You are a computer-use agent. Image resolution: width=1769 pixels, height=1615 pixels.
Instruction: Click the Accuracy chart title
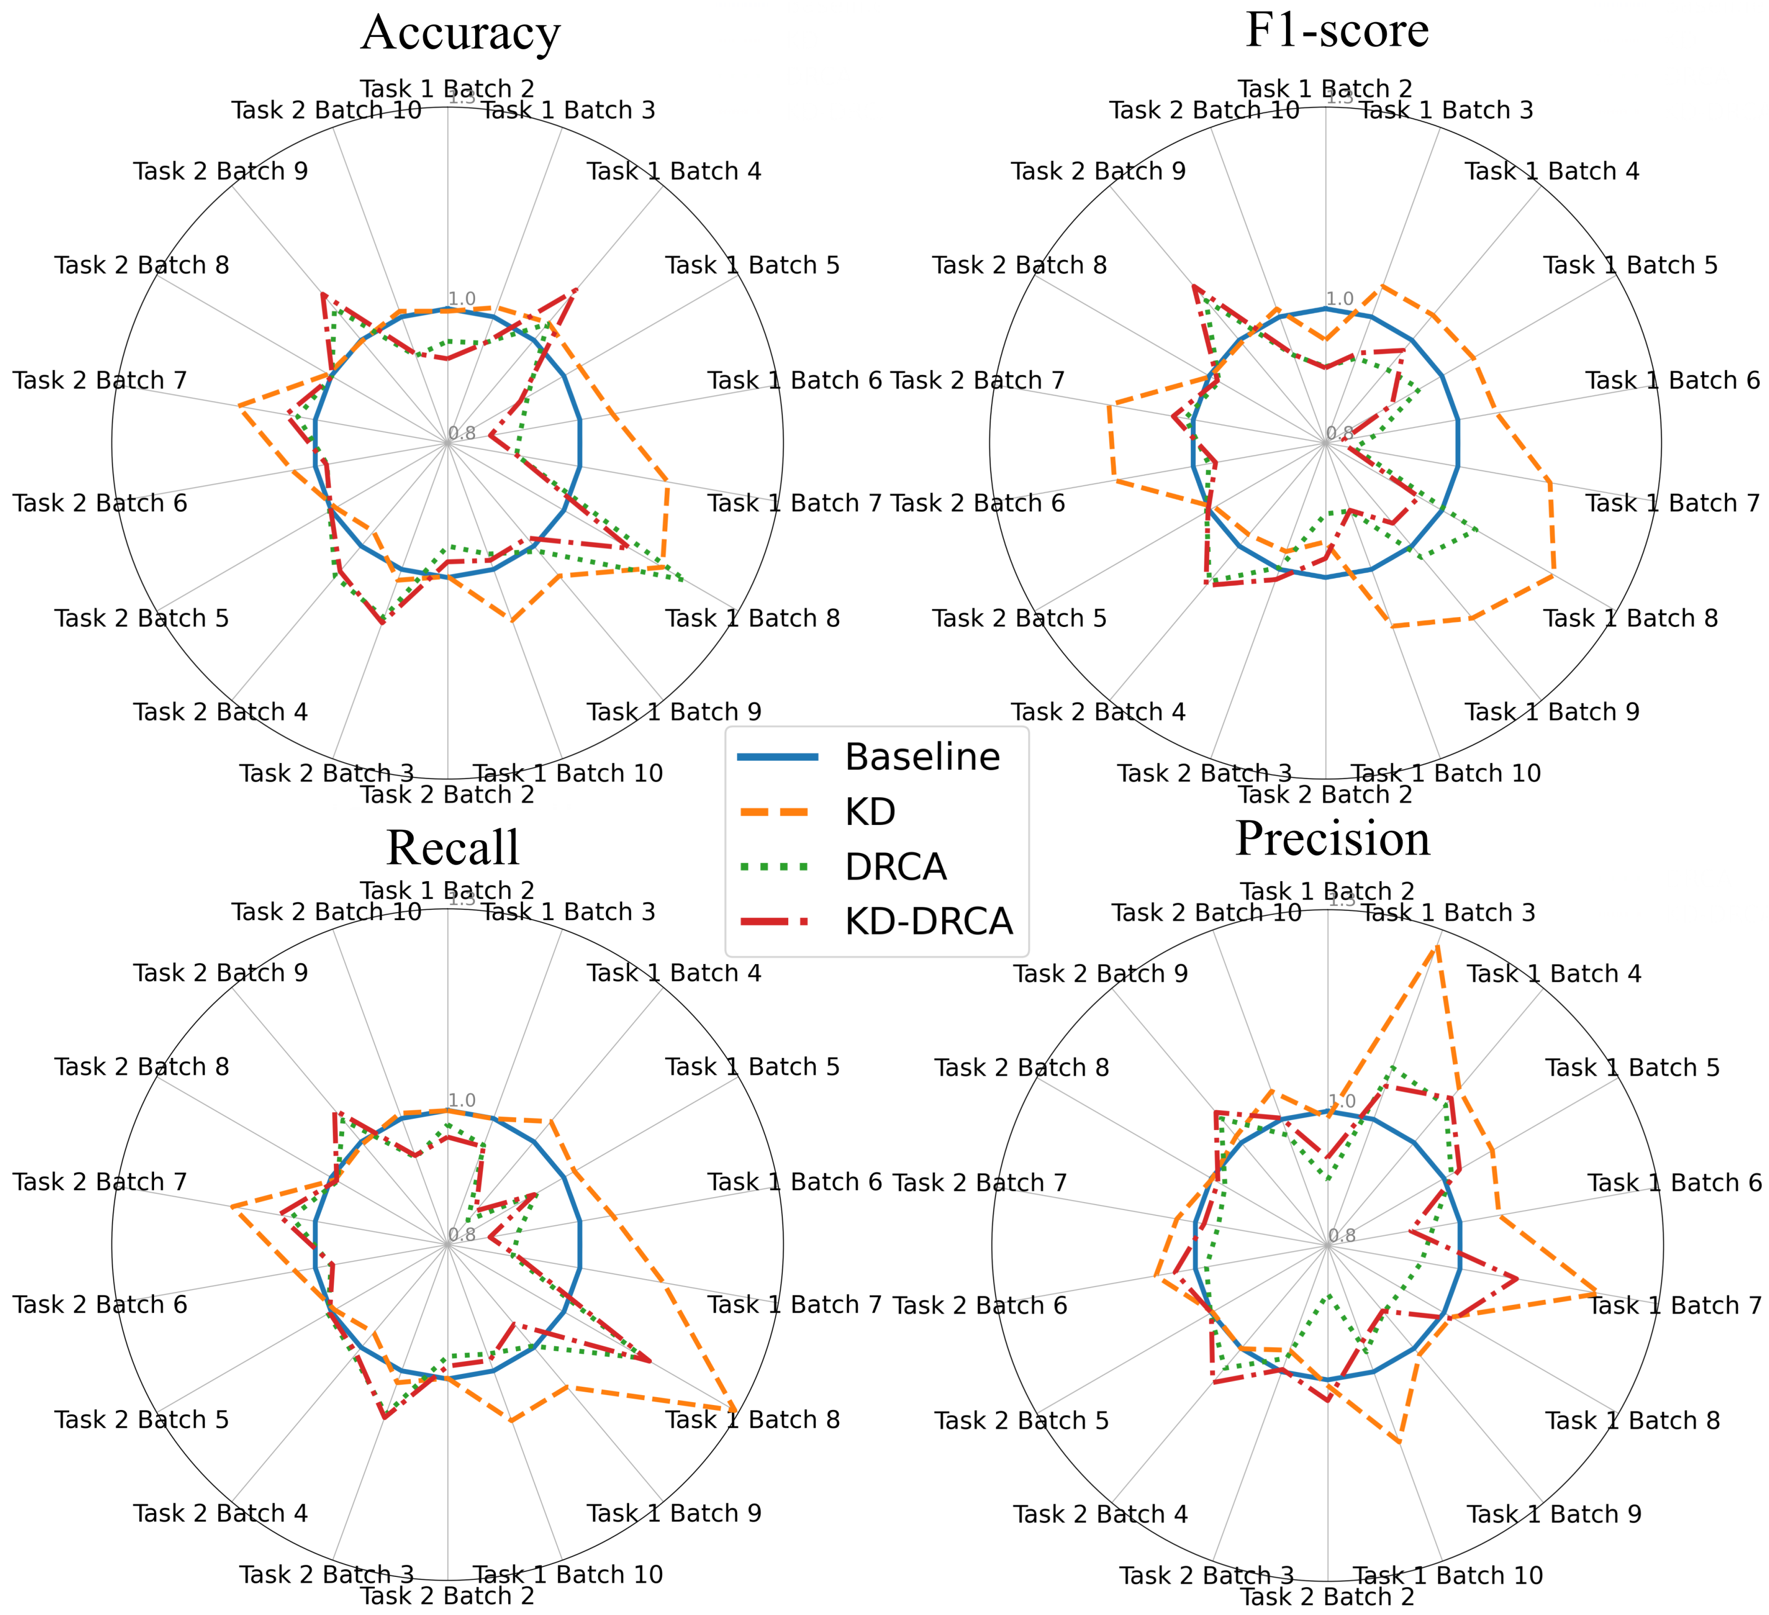[461, 33]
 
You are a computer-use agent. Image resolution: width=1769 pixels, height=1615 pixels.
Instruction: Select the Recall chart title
[453, 847]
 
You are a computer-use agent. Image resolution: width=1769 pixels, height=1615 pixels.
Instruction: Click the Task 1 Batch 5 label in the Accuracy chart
[752, 265]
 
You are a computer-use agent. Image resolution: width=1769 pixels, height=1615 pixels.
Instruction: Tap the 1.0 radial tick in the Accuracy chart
[461, 299]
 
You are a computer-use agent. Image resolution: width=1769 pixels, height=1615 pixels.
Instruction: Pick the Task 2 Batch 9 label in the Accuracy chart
[221, 171]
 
